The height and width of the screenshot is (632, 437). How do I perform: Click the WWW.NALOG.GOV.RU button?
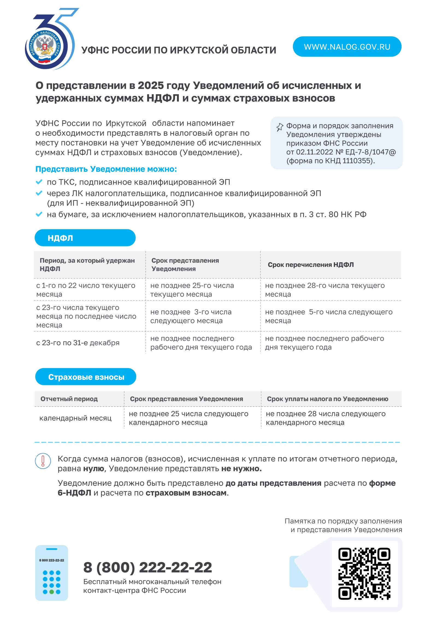[347, 46]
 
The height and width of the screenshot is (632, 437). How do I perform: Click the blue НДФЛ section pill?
[85, 238]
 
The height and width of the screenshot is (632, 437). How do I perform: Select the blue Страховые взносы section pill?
[86, 377]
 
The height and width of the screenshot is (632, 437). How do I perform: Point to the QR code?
[364, 574]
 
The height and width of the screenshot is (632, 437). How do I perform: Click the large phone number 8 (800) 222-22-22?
[147, 567]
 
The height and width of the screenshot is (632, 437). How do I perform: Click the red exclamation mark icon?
[43, 461]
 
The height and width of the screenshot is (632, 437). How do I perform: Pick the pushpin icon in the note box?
[280, 127]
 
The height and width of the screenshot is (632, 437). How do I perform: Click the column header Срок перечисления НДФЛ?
[311, 265]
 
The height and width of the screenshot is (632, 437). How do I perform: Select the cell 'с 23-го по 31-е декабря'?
[78, 343]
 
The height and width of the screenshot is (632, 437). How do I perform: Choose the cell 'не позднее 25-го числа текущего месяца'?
[192, 290]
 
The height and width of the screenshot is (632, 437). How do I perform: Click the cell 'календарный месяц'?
[75, 418]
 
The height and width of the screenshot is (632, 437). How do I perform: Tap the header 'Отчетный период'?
[69, 399]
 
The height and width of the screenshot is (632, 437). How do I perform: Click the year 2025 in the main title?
[150, 86]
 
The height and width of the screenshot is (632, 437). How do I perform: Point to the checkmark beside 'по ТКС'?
[39, 182]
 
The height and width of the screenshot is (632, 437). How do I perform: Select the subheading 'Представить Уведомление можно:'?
[106, 169]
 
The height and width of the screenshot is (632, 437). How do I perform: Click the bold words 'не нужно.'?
[241, 468]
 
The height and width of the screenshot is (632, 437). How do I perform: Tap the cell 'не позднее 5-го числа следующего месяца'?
[329, 316]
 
